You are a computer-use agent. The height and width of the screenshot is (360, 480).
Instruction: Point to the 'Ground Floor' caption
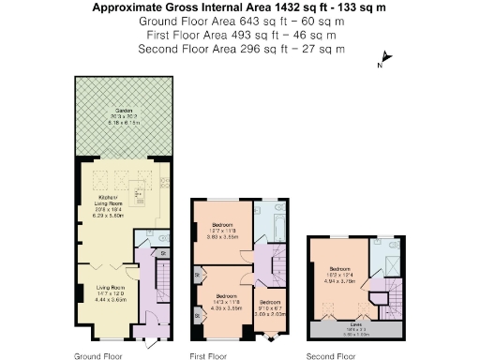coord(97,356)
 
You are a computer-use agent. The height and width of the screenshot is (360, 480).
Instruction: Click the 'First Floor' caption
coord(208,356)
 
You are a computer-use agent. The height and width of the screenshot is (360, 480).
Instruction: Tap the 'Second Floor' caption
coord(331,356)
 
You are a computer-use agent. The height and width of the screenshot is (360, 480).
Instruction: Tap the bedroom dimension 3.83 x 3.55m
coord(223,237)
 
